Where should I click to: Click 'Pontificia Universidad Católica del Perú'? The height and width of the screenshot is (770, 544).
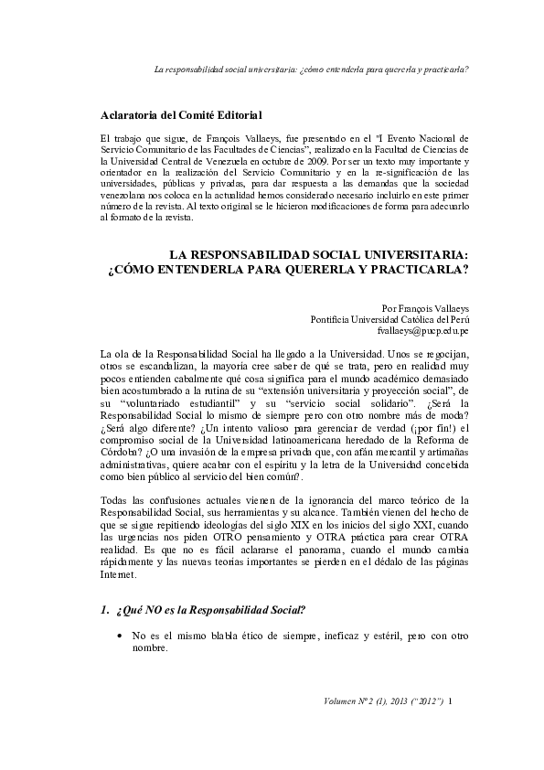click(389, 320)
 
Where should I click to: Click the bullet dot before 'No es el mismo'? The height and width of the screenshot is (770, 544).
click(120, 635)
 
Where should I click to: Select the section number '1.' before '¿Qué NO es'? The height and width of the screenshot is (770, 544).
click(104, 609)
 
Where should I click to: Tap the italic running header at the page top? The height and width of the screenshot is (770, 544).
click(311, 68)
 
